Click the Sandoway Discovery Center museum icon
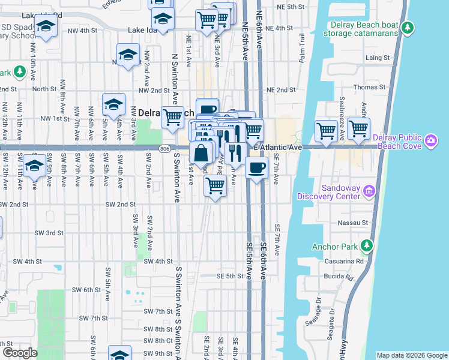point(369,191)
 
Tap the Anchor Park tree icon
point(366,246)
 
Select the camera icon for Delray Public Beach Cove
point(431,141)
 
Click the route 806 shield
point(164,148)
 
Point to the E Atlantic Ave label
point(278,147)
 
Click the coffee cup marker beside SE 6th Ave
point(256,168)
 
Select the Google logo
point(19,353)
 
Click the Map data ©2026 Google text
point(412,355)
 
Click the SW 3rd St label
point(49,233)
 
